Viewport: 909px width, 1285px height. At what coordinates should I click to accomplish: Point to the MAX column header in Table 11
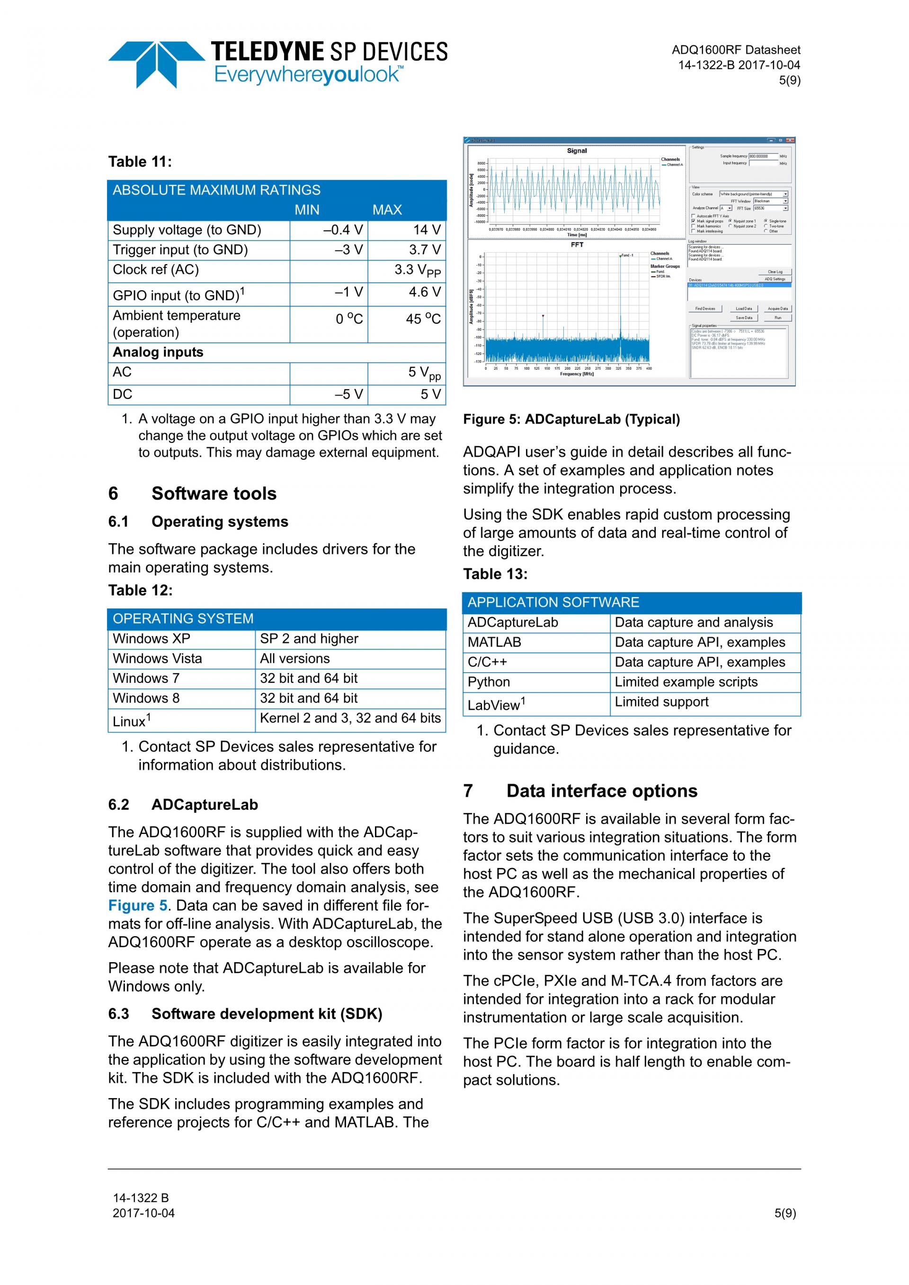click(x=387, y=210)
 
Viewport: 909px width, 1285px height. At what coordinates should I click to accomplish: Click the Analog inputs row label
click(x=158, y=352)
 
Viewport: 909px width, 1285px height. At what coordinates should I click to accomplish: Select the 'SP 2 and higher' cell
click(x=309, y=638)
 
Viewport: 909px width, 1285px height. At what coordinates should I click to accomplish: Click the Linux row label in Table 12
click(x=132, y=721)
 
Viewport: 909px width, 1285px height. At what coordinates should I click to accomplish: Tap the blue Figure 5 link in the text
click(x=138, y=905)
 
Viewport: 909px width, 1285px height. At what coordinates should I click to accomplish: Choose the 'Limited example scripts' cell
click(x=686, y=682)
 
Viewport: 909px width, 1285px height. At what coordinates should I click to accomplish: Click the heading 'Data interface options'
click(x=602, y=791)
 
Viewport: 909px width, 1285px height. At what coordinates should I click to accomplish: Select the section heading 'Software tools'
click(x=214, y=494)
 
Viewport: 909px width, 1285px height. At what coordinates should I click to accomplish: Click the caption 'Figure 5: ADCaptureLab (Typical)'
click(x=571, y=419)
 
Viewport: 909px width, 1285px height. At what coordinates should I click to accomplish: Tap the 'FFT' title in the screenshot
click(x=577, y=245)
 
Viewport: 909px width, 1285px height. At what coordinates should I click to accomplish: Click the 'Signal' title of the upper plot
click(x=577, y=151)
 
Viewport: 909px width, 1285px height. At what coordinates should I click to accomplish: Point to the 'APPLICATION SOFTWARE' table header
click(x=553, y=602)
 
